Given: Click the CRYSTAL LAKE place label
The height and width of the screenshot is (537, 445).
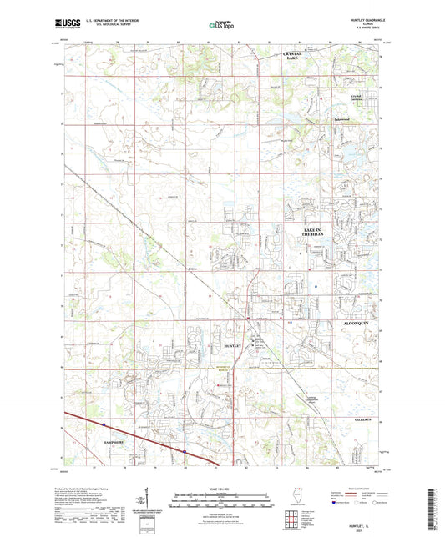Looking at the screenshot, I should (x=291, y=57).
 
